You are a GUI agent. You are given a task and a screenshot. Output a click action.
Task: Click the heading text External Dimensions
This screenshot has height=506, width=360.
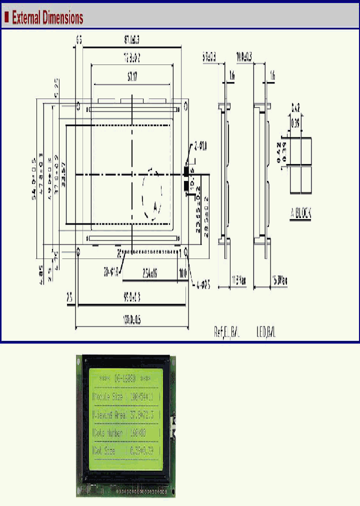pyautogui.click(x=47, y=18)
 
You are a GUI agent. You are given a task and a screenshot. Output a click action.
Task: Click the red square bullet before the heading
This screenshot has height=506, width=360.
pyautogui.click(x=6, y=18)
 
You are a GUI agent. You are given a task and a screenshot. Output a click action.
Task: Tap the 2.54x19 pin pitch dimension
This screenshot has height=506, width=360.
pyautogui.click(x=150, y=273)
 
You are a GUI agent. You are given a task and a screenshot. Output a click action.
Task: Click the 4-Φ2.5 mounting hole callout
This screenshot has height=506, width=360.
pyautogui.click(x=201, y=286)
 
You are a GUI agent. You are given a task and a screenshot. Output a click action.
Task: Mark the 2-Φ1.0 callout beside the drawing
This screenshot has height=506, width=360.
pyautogui.click(x=200, y=146)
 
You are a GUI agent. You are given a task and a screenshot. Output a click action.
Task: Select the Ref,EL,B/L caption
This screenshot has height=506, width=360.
pyautogui.click(x=226, y=332)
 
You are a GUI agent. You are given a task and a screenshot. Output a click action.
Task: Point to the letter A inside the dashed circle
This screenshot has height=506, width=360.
pyautogui.click(x=155, y=206)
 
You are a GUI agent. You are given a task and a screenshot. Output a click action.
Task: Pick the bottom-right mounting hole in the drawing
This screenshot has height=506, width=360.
pyautogui.click(x=186, y=251)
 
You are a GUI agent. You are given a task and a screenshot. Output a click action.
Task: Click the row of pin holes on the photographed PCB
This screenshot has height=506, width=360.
pyautogui.click(x=135, y=491)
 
